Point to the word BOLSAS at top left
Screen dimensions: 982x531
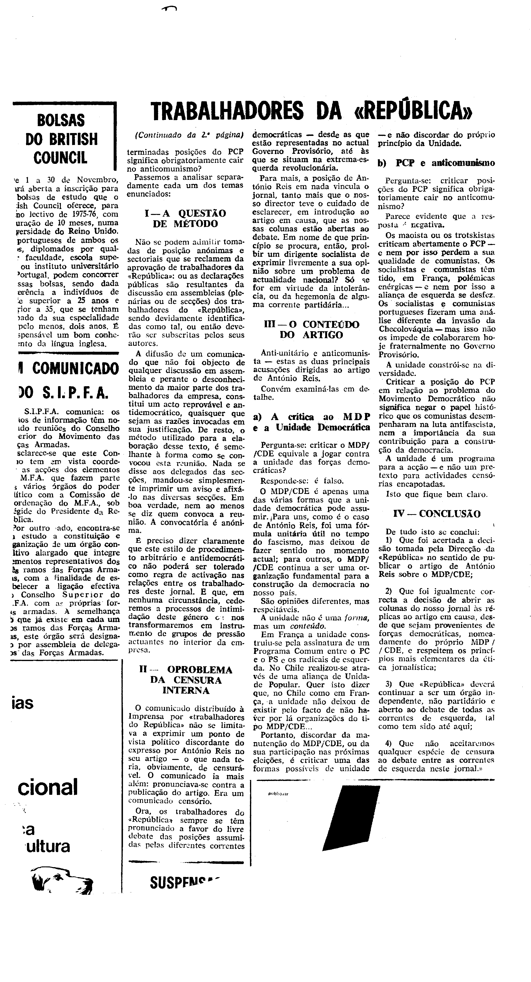coord(61,120)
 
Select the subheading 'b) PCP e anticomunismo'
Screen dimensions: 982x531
coord(436,163)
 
